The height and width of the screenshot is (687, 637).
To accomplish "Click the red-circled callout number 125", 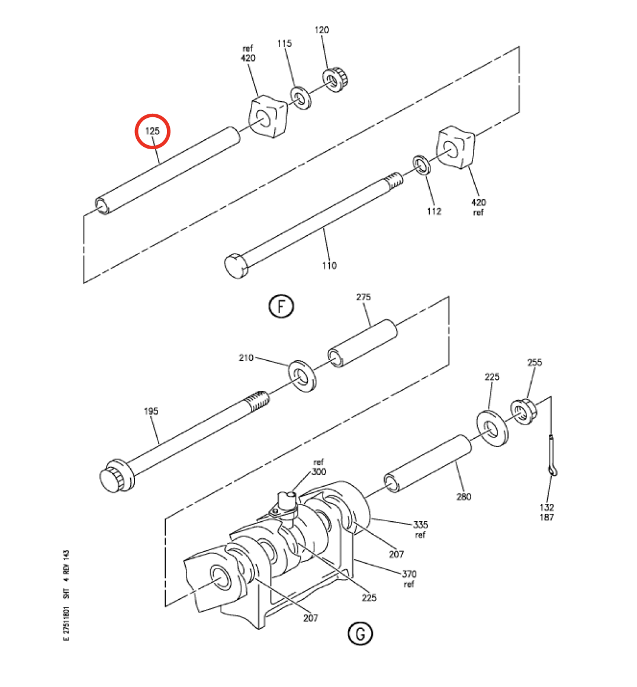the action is [x=153, y=130].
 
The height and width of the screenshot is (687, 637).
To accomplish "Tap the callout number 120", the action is [x=321, y=30].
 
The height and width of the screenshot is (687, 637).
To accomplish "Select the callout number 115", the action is [x=284, y=43].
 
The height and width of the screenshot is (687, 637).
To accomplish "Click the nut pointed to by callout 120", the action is [x=337, y=79].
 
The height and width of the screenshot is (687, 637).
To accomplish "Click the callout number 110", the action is [x=329, y=265].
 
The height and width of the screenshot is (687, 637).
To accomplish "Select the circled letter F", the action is [x=281, y=306].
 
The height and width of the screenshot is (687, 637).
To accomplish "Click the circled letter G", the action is [x=360, y=634].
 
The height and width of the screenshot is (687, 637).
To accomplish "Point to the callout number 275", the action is [x=363, y=297].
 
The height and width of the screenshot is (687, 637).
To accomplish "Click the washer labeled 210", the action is [x=302, y=376].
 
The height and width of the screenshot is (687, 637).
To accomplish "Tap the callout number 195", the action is [x=151, y=411].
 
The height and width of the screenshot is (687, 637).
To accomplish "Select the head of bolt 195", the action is [x=117, y=476].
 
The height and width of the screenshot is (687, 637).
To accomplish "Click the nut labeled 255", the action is [x=524, y=412].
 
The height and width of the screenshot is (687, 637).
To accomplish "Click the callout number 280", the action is [x=464, y=496].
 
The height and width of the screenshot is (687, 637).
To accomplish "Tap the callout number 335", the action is [x=420, y=525].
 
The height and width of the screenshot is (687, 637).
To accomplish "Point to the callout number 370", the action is [x=409, y=573].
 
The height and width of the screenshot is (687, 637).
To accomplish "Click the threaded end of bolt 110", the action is [x=394, y=181].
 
